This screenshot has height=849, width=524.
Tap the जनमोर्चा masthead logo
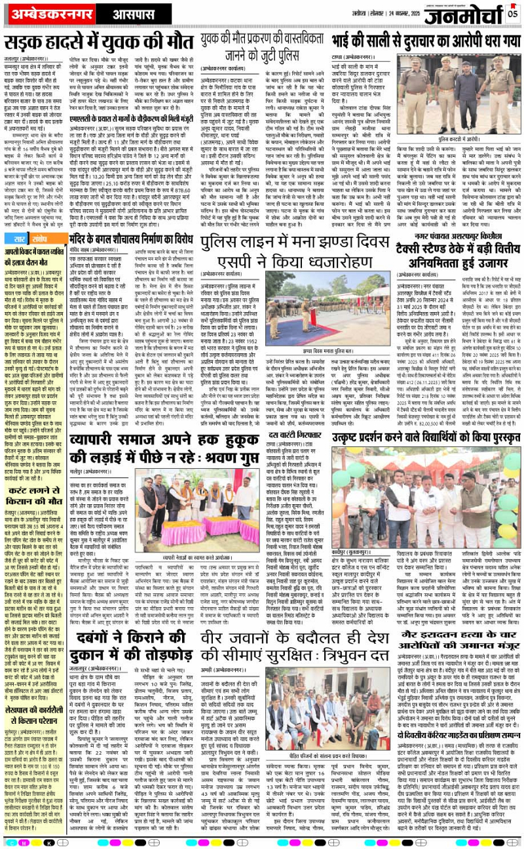(464, 14)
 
